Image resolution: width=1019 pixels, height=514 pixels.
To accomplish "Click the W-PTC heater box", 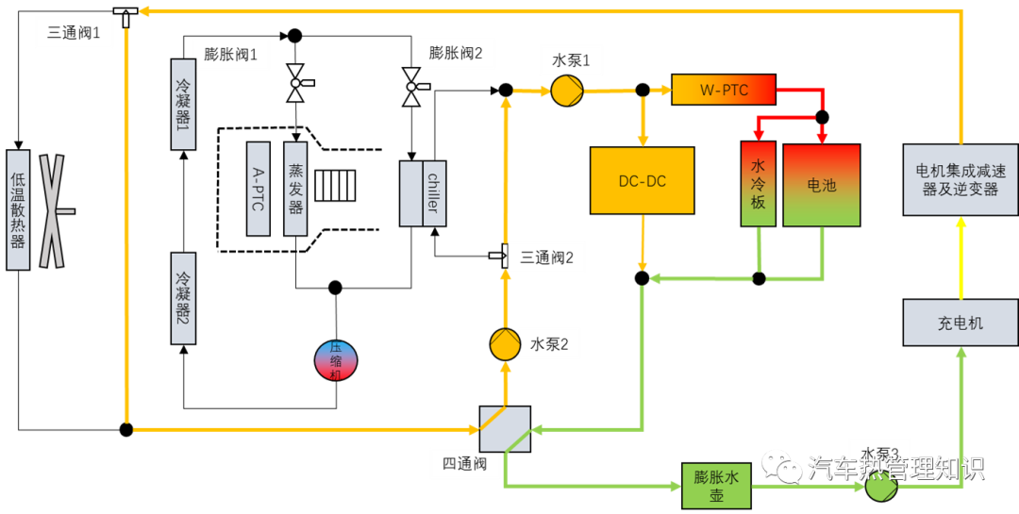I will click(723, 90).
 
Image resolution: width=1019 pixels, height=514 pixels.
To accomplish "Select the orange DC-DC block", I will click(642, 180).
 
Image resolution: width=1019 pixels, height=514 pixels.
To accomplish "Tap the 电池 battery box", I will click(821, 185).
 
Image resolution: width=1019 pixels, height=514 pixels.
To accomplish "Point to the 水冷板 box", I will click(758, 184).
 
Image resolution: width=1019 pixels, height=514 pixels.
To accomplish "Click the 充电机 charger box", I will click(960, 323).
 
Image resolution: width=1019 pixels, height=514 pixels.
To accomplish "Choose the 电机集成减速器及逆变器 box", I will click(960, 179).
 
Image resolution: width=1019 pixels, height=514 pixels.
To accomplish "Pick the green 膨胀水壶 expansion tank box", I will click(716, 486).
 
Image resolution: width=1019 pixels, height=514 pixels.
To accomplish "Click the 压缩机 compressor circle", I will click(336, 360).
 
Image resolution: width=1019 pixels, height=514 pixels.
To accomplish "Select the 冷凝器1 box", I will click(183, 104).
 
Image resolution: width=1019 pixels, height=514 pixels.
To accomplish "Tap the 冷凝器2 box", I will click(183, 298).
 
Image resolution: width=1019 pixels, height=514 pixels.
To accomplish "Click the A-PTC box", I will click(259, 189).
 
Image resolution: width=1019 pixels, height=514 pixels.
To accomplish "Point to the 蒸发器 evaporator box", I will click(295, 189).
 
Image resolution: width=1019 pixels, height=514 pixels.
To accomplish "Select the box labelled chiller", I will click(433, 193).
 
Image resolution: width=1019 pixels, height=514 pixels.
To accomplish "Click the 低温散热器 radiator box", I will click(18, 209).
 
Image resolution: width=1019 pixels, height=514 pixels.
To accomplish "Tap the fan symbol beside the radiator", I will click(53, 210).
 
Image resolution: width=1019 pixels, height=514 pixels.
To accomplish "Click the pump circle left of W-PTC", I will click(566, 91).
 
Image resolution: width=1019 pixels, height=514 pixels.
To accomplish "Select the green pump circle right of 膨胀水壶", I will click(880, 487).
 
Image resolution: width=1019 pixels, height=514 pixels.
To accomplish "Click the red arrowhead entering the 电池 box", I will click(821, 136).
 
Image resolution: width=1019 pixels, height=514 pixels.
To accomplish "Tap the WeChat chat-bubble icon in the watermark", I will click(781, 464).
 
